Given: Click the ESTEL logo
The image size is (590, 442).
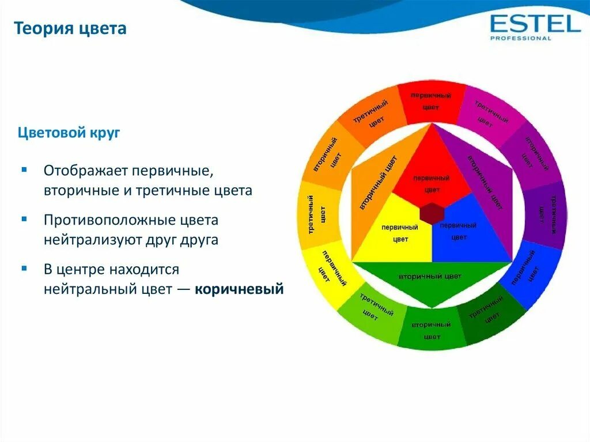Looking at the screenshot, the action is coord(535,27).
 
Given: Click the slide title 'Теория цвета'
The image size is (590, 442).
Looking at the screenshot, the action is coord(70,29).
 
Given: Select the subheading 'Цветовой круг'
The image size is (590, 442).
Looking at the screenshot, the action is coord(69,133).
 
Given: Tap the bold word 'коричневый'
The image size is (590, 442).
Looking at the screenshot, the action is coord(239,289).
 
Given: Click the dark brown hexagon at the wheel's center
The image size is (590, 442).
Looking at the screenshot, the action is coord(432,213).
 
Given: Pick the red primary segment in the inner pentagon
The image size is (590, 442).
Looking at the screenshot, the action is coord(432,173).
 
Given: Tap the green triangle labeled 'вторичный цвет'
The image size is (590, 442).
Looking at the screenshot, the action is coord(432,281).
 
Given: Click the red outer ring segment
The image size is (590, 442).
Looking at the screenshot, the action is coord(431,101).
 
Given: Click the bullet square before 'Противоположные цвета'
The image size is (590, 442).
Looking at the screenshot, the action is coord(24,219).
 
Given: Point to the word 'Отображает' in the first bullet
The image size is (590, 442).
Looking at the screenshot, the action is coord(86,171).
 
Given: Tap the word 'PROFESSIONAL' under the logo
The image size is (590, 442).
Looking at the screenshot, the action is coord(521,38).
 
